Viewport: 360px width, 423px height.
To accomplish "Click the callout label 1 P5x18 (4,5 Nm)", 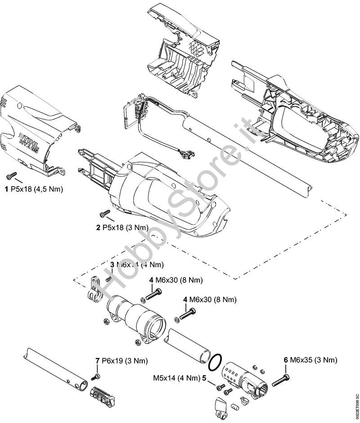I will click(34, 189).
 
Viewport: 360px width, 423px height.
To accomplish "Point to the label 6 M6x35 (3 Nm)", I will click(310, 359).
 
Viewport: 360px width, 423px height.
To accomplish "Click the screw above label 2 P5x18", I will click(105, 213).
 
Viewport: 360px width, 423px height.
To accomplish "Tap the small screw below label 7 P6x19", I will click(96, 376).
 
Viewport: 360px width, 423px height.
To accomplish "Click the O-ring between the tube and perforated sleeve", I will click(215, 360).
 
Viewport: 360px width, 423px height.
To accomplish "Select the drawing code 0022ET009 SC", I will click(355, 403).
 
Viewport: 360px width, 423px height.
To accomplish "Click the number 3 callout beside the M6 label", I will click(112, 264).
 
